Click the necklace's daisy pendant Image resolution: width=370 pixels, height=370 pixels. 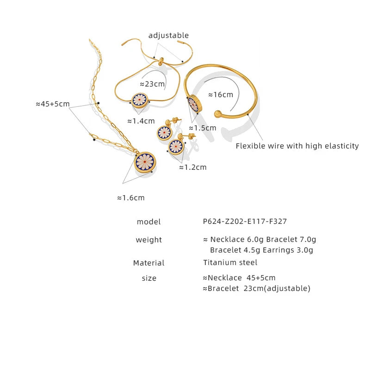[x=145, y=162]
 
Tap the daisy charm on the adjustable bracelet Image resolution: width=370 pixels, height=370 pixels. [x=140, y=100]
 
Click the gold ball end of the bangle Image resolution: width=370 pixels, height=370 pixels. [x=218, y=114]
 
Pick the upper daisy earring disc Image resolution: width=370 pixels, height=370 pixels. [x=164, y=133]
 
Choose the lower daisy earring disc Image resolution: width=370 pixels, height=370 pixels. [x=176, y=147]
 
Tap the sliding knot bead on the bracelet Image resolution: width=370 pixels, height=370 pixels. [x=161, y=61]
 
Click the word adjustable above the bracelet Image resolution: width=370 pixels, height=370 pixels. [x=168, y=36]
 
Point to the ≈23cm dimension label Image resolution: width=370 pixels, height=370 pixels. [x=152, y=84]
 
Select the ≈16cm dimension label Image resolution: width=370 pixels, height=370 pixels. [x=221, y=95]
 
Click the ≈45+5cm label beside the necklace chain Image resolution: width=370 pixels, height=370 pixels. [x=53, y=104]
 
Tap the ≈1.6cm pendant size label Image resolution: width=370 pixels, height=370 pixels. [x=131, y=198]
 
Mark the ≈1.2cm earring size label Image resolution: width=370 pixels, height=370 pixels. [x=193, y=167]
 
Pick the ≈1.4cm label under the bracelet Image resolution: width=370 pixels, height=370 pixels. [x=141, y=121]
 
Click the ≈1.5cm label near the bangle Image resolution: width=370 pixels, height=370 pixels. [x=203, y=128]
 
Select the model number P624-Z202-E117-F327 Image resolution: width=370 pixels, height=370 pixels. [x=245, y=222]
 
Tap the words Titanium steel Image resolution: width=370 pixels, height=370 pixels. [x=230, y=262]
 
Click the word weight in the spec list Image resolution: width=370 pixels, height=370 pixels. [x=148, y=240]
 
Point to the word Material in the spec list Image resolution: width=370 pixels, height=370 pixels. [x=148, y=263]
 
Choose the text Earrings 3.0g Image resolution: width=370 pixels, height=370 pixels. [x=288, y=250]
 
